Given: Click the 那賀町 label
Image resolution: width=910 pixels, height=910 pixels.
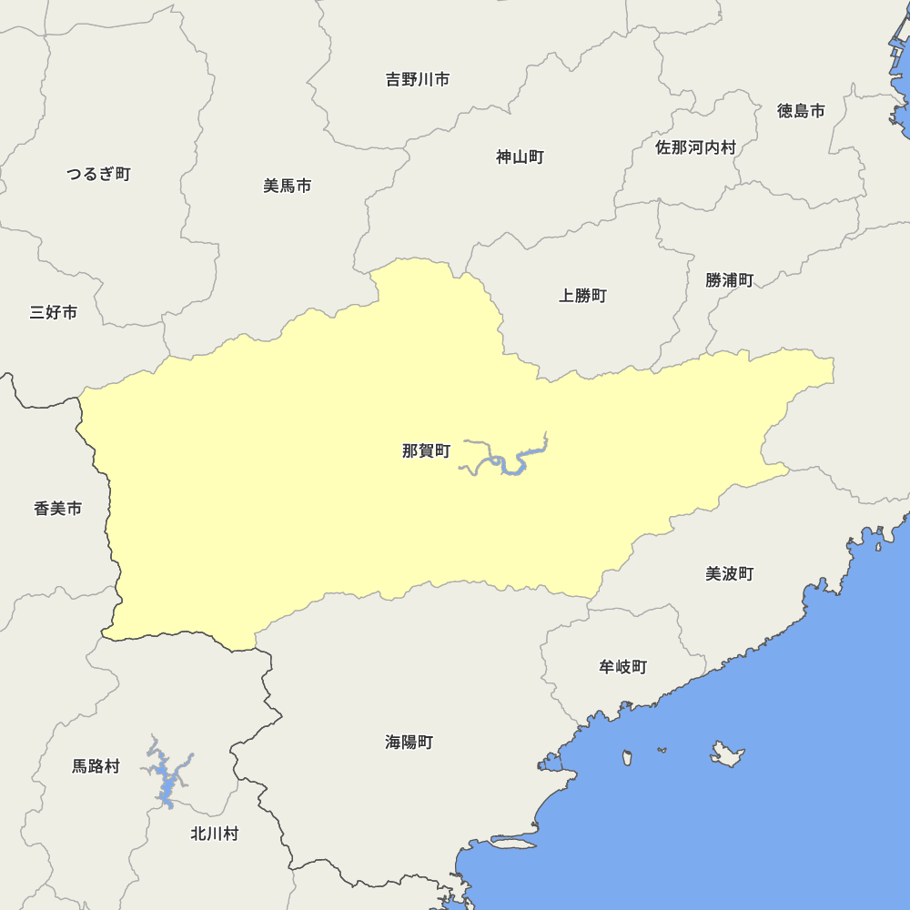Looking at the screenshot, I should click(426, 450).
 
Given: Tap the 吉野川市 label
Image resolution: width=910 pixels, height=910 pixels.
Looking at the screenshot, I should click(418, 80).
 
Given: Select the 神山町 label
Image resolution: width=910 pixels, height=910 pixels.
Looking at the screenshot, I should click(520, 157).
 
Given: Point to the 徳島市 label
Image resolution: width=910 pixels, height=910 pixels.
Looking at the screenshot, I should click(801, 111).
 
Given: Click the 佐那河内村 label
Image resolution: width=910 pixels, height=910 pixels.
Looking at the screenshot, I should click(695, 147).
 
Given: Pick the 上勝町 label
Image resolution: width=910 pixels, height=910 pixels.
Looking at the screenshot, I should click(582, 296).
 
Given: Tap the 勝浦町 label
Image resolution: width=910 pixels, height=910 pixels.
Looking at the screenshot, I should click(729, 280).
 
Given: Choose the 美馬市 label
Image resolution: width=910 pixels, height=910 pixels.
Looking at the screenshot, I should click(287, 186).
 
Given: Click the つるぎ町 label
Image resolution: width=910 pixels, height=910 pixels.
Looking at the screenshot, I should click(98, 174).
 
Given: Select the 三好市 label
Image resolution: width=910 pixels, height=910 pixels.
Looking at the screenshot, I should click(53, 313).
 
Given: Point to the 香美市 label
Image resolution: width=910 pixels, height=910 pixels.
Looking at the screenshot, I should click(57, 509).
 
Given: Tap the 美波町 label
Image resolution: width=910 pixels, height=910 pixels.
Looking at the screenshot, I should click(729, 574).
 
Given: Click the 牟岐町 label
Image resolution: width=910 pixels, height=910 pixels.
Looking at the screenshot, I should click(622, 667).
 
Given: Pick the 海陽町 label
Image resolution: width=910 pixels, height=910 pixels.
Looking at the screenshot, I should click(409, 743).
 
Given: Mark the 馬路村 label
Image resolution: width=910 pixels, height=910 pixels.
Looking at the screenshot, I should click(96, 766).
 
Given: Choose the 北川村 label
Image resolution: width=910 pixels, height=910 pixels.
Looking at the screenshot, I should click(214, 834).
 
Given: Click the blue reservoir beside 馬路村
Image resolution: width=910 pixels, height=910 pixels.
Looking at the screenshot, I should click(164, 778).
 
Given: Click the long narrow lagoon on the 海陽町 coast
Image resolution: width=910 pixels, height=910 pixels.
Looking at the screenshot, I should click(511, 844).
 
